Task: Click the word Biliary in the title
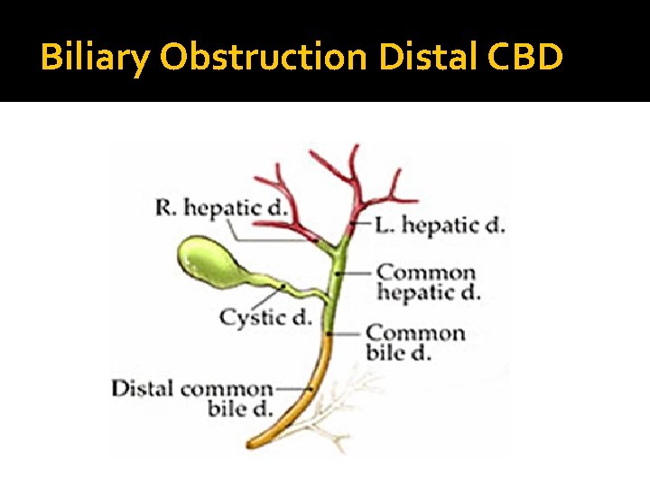[x=95, y=59]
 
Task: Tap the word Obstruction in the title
[x=262, y=59]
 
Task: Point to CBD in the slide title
[x=525, y=59]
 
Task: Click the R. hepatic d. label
[x=221, y=208]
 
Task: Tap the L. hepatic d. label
[x=440, y=225]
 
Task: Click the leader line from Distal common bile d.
[x=291, y=389]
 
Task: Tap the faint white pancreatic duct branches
[x=348, y=406]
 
